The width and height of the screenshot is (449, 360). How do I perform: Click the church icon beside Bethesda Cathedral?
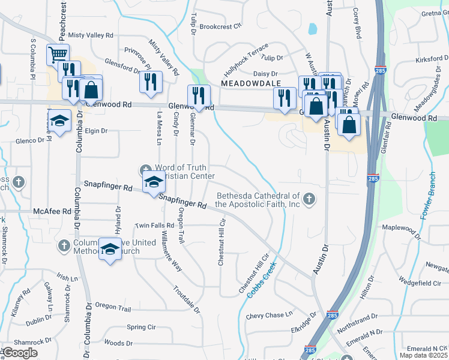(x=309, y=199)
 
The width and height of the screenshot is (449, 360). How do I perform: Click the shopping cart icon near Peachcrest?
(x=58, y=55)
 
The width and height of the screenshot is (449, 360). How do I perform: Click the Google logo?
(x=20, y=353)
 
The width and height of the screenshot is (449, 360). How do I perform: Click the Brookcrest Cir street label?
(x=220, y=26)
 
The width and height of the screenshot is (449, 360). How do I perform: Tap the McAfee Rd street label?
(x=52, y=211)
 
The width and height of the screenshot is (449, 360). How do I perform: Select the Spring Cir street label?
(x=141, y=327)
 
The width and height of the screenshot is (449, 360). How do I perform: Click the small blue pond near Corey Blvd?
(x=313, y=28)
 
